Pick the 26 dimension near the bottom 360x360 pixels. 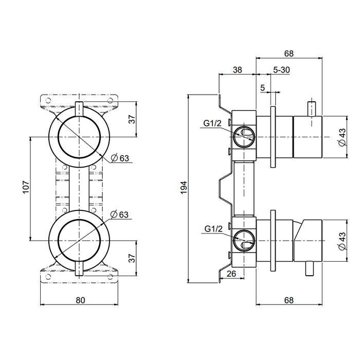(231, 274)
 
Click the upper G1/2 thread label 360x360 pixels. (212, 123)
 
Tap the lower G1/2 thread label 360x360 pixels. (212, 228)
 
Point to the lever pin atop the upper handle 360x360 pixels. (311, 110)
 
